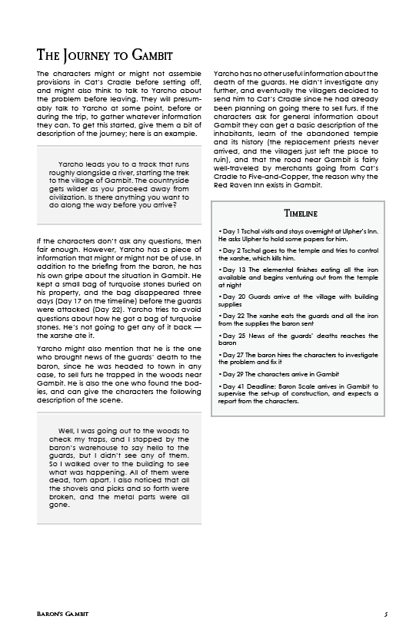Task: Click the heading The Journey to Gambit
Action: (x=105, y=55)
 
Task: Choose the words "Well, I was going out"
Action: (x=95, y=430)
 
